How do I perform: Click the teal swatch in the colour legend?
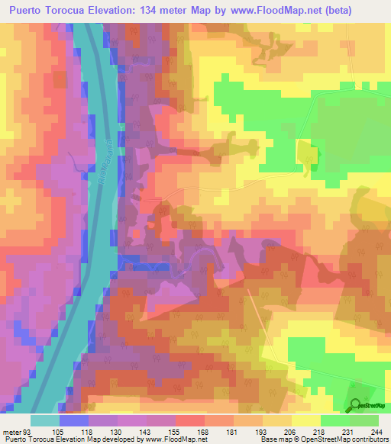[45, 420]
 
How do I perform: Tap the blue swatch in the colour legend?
[74, 420]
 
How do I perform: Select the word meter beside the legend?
[12, 431]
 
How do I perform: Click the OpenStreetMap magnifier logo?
[356, 405]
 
